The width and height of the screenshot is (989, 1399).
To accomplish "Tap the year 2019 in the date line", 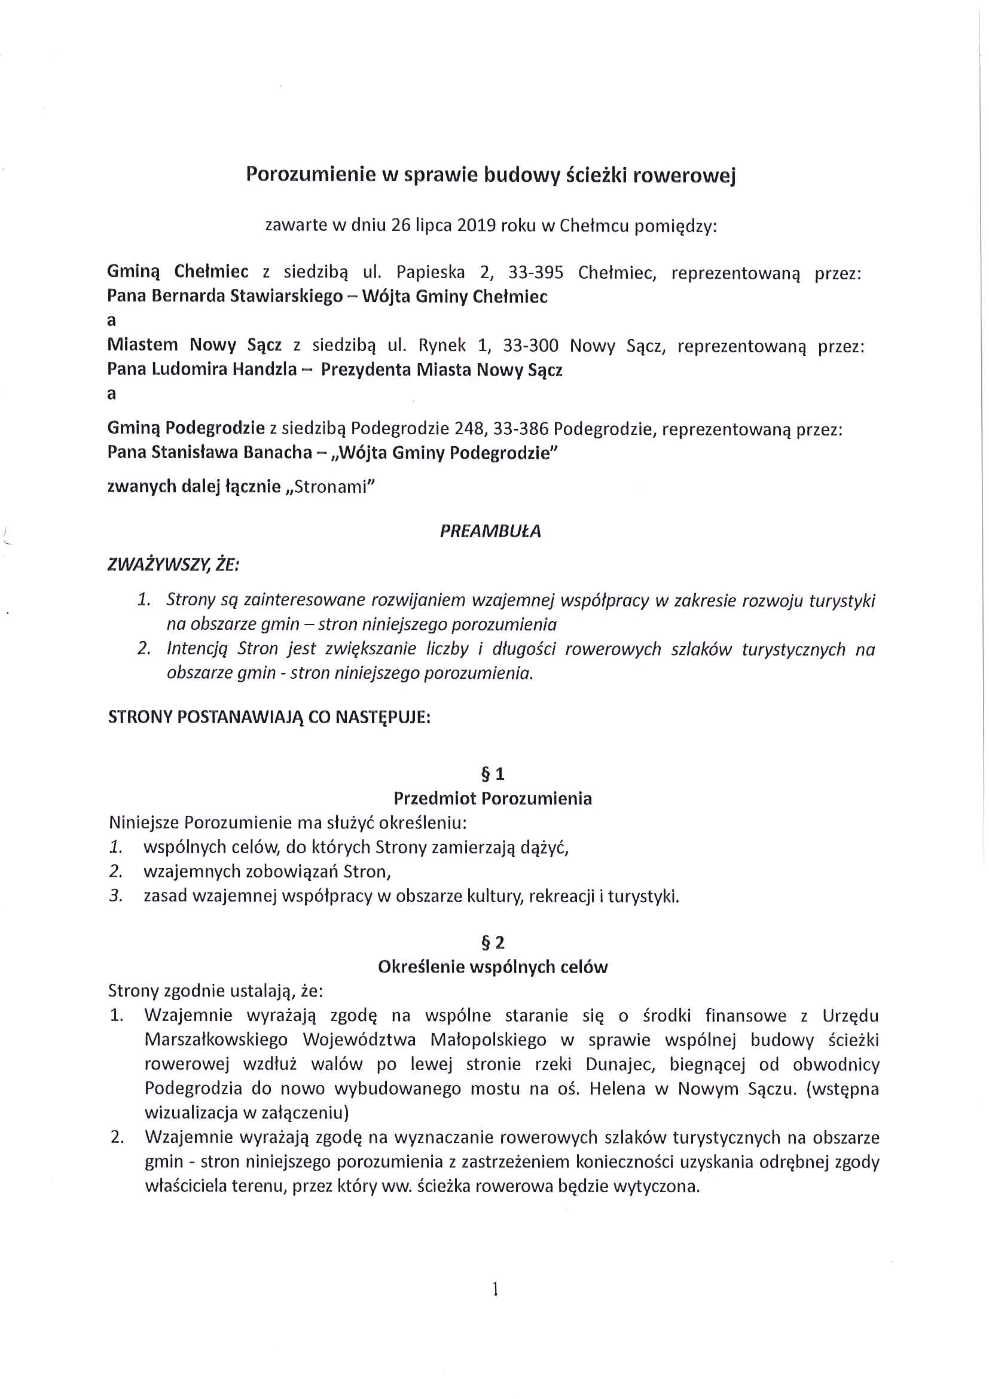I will (476, 225).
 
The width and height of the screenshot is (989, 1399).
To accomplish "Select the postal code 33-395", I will (535, 272).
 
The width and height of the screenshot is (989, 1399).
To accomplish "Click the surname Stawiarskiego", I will (286, 297).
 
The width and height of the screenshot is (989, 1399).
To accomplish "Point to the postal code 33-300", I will (530, 346).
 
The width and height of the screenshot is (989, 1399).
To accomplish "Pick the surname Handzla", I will (267, 370).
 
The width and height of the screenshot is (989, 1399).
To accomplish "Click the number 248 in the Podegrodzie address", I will (469, 429).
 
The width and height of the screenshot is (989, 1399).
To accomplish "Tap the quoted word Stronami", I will (331, 487).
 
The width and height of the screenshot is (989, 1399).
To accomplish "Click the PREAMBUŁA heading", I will (490, 531).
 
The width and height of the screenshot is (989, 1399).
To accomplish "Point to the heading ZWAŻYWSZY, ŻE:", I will (173, 565).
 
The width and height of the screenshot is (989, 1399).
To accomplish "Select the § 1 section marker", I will (493, 775).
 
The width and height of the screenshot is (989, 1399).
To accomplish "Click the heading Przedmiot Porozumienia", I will (493, 798).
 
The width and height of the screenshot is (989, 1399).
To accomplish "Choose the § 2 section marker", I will (493, 943).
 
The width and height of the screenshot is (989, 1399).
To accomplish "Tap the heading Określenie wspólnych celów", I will (493, 967).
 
